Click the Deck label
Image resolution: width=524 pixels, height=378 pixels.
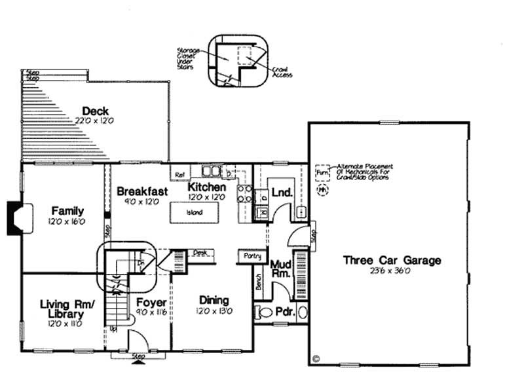click(95, 111)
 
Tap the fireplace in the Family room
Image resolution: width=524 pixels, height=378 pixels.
click(15, 217)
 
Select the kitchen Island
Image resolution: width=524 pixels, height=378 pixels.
click(194, 212)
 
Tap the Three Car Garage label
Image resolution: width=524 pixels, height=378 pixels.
click(392, 260)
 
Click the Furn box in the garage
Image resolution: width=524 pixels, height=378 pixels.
click(321, 173)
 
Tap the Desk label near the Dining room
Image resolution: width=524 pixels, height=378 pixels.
click(199, 252)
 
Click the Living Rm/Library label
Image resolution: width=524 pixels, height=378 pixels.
click(67, 309)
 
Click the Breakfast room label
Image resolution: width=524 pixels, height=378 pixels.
click(142, 191)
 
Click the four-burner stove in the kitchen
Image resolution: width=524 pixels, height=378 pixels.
click(244, 192)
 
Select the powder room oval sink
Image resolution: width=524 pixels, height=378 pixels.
click(303, 312)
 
